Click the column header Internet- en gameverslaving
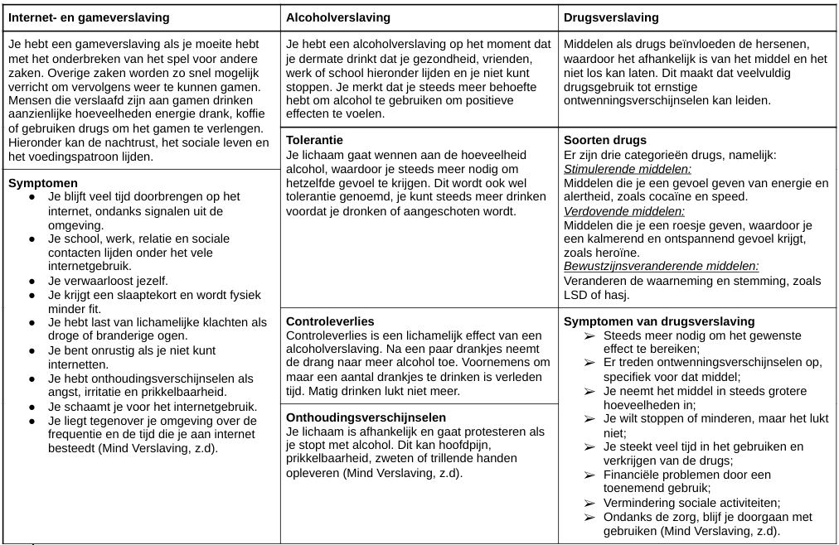89,17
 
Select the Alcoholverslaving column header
337,17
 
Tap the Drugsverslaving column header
611,17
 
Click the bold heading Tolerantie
314,140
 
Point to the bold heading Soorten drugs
604,140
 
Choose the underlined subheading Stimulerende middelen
628,169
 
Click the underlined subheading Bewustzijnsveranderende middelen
661,266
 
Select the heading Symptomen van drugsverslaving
659,321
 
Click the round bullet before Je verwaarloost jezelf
32,281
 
